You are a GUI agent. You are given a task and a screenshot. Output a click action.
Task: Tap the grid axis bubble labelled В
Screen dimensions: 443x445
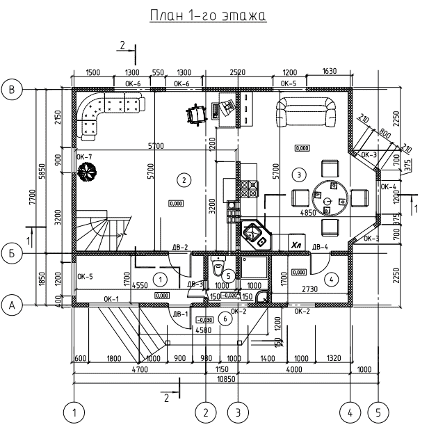tap(12, 89)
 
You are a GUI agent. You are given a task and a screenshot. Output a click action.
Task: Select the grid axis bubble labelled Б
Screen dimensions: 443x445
tap(12, 254)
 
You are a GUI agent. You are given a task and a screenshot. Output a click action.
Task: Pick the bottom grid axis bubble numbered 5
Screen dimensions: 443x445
tap(378, 412)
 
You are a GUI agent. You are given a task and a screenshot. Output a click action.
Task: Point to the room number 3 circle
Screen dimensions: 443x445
tap(298, 173)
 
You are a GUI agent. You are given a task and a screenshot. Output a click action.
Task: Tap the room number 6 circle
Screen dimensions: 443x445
tap(224, 318)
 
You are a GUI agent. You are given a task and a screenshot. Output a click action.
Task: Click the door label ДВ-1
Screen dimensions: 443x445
tap(181, 314)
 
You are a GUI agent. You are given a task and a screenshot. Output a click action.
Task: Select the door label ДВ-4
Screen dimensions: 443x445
tap(321, 247)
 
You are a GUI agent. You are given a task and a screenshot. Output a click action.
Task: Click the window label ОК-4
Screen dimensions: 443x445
tap(389, 187)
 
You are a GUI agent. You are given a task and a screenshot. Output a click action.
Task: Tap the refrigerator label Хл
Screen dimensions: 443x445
tap(296, 245)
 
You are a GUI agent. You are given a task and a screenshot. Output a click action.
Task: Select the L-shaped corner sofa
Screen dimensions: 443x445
tap(104, 113)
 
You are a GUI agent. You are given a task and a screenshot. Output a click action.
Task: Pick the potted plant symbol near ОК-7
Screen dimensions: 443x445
tap(87, 172)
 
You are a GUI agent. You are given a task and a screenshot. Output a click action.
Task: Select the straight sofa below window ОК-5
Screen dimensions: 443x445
tap(306, 112)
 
